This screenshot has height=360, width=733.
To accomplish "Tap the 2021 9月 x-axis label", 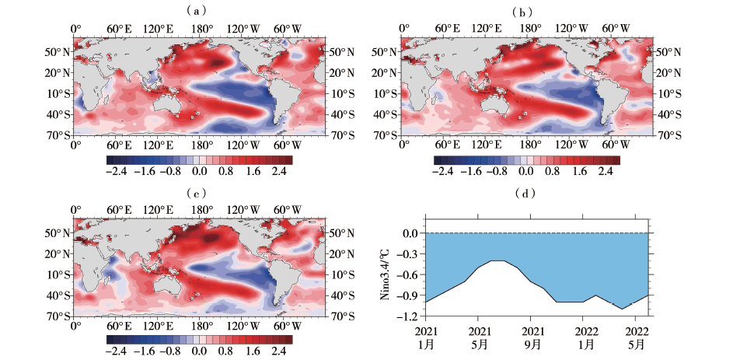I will coord(532,337).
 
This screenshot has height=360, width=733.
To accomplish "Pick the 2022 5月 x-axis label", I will coord(637,337).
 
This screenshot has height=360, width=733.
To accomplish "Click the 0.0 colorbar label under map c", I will coord(199,351).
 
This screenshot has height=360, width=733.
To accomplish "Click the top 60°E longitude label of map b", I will coord(447,28).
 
